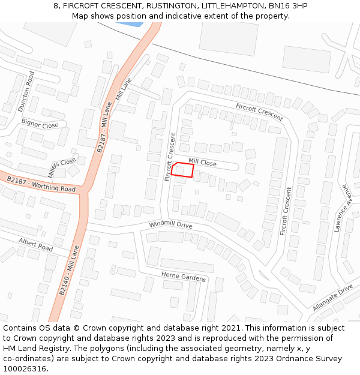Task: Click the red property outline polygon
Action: tap(182, 170)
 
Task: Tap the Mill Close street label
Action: tap(202, 162)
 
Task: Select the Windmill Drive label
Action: tap(170, 225)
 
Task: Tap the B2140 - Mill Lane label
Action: tap(69, 270)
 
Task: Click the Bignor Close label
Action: tap(40, 125)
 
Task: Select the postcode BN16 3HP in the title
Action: tap(282, 5)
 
